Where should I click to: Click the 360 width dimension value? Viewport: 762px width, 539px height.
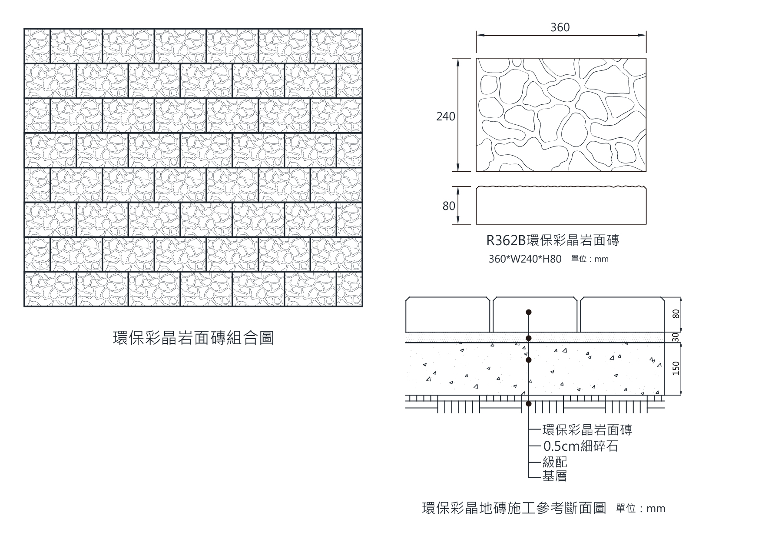pos(560,27)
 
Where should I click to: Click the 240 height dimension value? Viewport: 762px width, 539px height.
pos(446,116)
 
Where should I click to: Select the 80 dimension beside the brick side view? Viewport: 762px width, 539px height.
pos(449,206)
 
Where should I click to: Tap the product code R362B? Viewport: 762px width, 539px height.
pos(506,240)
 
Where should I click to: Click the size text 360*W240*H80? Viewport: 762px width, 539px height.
pos(525,259)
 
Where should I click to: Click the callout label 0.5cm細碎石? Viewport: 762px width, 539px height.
pos(580,446)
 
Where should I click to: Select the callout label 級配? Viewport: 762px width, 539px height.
pos(555,462)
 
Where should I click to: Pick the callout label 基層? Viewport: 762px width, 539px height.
pos(555,476)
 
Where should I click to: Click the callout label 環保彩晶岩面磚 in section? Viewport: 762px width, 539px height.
pos(587,430)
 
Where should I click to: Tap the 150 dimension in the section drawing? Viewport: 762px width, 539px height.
pos(676,369)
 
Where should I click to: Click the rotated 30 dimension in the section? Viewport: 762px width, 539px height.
pos(676,337)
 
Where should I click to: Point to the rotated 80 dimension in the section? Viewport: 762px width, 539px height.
pos(676,314)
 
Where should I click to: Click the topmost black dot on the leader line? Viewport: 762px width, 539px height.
pos(529,312)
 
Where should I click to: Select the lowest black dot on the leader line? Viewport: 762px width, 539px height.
pos(529,404)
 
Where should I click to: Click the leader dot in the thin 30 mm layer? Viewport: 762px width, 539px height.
pos(529,338)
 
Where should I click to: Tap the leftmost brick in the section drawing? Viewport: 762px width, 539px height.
pos(447,315)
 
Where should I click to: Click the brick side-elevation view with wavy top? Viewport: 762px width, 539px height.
pos(561,206)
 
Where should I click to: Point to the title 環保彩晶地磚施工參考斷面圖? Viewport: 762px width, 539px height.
pos(514,508)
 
